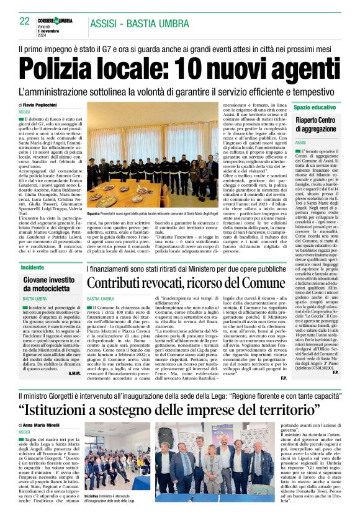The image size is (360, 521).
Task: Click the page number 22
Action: click(x=24, y=20)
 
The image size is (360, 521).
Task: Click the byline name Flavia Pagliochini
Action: click(x=43, y=105)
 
